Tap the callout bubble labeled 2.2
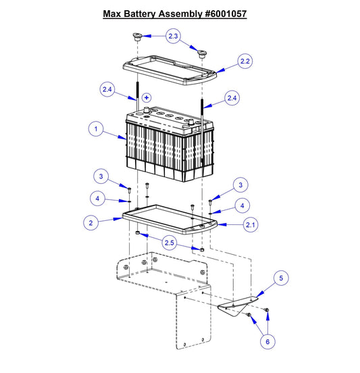pos(246,61)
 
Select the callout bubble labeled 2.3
pos(174,35)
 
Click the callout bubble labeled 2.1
pos(251,224)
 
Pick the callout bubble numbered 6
pos(267,342)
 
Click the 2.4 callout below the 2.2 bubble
pos(232,99)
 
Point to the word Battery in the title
pos(143,13)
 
